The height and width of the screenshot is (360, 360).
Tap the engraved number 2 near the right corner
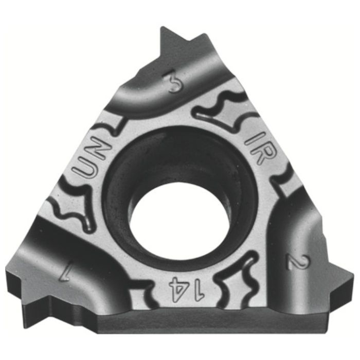tap(298, 262)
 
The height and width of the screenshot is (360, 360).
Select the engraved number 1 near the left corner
tap(64, 272)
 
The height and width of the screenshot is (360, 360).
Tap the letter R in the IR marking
tap(263, 154)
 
